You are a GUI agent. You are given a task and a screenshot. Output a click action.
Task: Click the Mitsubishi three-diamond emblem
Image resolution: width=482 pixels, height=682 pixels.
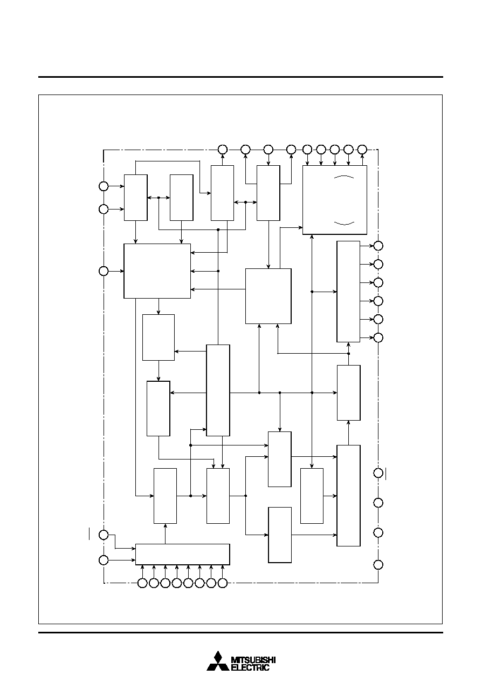point(218,660)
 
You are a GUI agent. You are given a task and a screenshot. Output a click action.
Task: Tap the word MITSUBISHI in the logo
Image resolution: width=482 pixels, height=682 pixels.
point(253,660)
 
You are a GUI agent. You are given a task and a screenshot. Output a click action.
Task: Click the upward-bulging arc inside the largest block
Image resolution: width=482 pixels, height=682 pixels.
point(344,177)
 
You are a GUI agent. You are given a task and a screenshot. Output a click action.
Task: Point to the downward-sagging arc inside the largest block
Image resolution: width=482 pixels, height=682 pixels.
point(344,224)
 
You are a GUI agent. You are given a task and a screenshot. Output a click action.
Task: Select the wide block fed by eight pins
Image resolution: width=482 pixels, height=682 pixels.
point(182,554)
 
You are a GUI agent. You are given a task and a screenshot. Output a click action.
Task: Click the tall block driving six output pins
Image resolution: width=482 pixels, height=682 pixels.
point(348,292)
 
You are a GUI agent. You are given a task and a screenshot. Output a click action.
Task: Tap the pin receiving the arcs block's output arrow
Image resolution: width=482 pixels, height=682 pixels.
point(362,150)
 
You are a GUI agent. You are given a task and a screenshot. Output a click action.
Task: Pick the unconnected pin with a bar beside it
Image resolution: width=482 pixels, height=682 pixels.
point(378,473)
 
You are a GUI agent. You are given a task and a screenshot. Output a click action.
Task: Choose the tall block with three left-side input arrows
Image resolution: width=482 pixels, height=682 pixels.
point(348,495)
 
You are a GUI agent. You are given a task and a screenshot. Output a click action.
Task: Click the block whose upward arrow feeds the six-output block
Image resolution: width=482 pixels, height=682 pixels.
point(349,393)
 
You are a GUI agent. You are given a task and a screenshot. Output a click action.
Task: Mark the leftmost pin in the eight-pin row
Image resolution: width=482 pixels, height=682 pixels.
point(142,583)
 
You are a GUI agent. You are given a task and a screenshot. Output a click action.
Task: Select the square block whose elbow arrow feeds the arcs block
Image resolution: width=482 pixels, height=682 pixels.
point(268,296)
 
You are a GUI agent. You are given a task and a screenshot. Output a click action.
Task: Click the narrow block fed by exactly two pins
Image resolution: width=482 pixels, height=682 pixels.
point(135,198)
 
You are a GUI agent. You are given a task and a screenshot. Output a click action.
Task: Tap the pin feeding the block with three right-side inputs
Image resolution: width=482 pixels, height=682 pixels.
point(104,271)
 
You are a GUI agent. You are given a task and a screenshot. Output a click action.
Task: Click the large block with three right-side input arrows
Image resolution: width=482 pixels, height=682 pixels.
point(157,271)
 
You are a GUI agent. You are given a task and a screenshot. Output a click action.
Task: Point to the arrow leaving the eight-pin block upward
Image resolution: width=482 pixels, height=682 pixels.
point(165,534)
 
